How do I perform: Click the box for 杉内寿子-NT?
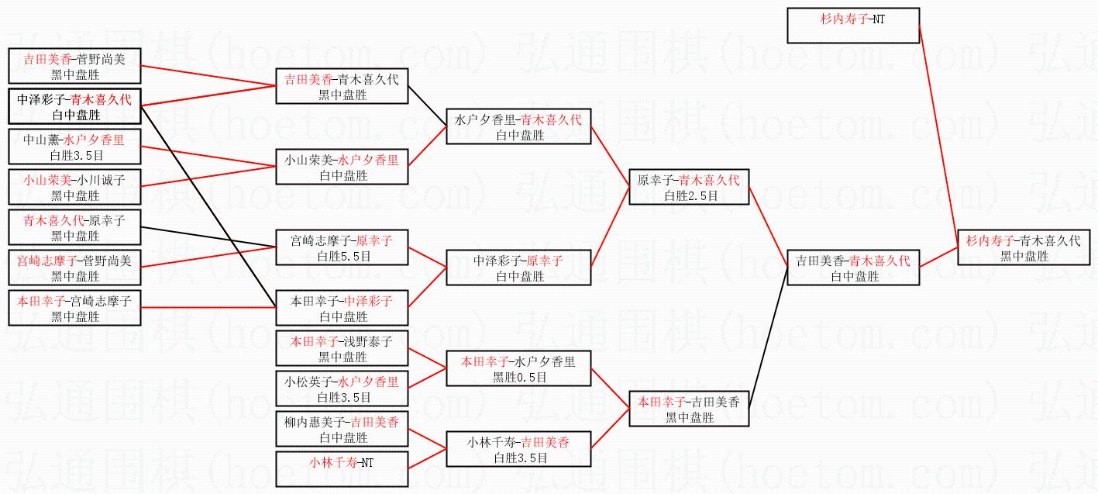(852, 26)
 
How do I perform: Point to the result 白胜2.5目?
(689, 196)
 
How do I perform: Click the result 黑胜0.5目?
(519, 377)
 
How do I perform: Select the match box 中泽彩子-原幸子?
(518, 268)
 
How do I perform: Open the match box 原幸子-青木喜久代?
(689, 188)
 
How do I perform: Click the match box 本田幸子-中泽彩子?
(342, 309)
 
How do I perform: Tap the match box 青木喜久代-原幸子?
(74, 228)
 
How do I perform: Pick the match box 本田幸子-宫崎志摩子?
(74, 309)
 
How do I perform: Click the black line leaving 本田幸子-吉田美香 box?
(767, 341)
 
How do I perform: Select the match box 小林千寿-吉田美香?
(518, 450)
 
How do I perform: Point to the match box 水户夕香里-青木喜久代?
(518, 127)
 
